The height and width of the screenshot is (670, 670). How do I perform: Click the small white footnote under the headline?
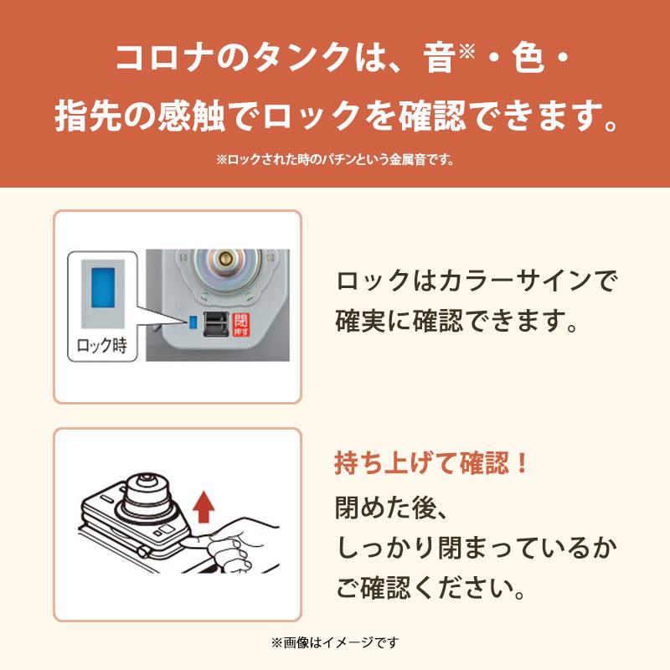(x=335, y=159)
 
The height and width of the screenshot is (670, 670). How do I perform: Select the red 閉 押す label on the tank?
(x=242, y=324)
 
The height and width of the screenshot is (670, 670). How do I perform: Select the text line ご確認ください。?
(x=432, y=589)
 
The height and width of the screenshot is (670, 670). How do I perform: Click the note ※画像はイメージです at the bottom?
(x=335, y=643)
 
